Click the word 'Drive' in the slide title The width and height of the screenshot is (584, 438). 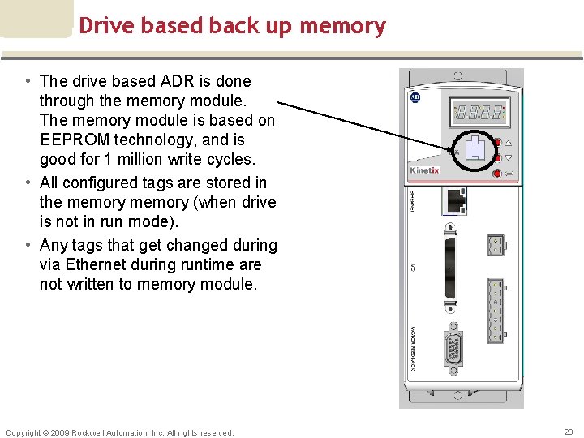106,26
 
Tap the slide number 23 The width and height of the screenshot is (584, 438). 568,432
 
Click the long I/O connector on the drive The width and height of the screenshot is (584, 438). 451,268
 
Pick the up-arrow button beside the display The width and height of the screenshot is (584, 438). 508,142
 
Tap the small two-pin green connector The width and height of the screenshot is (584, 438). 495,245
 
